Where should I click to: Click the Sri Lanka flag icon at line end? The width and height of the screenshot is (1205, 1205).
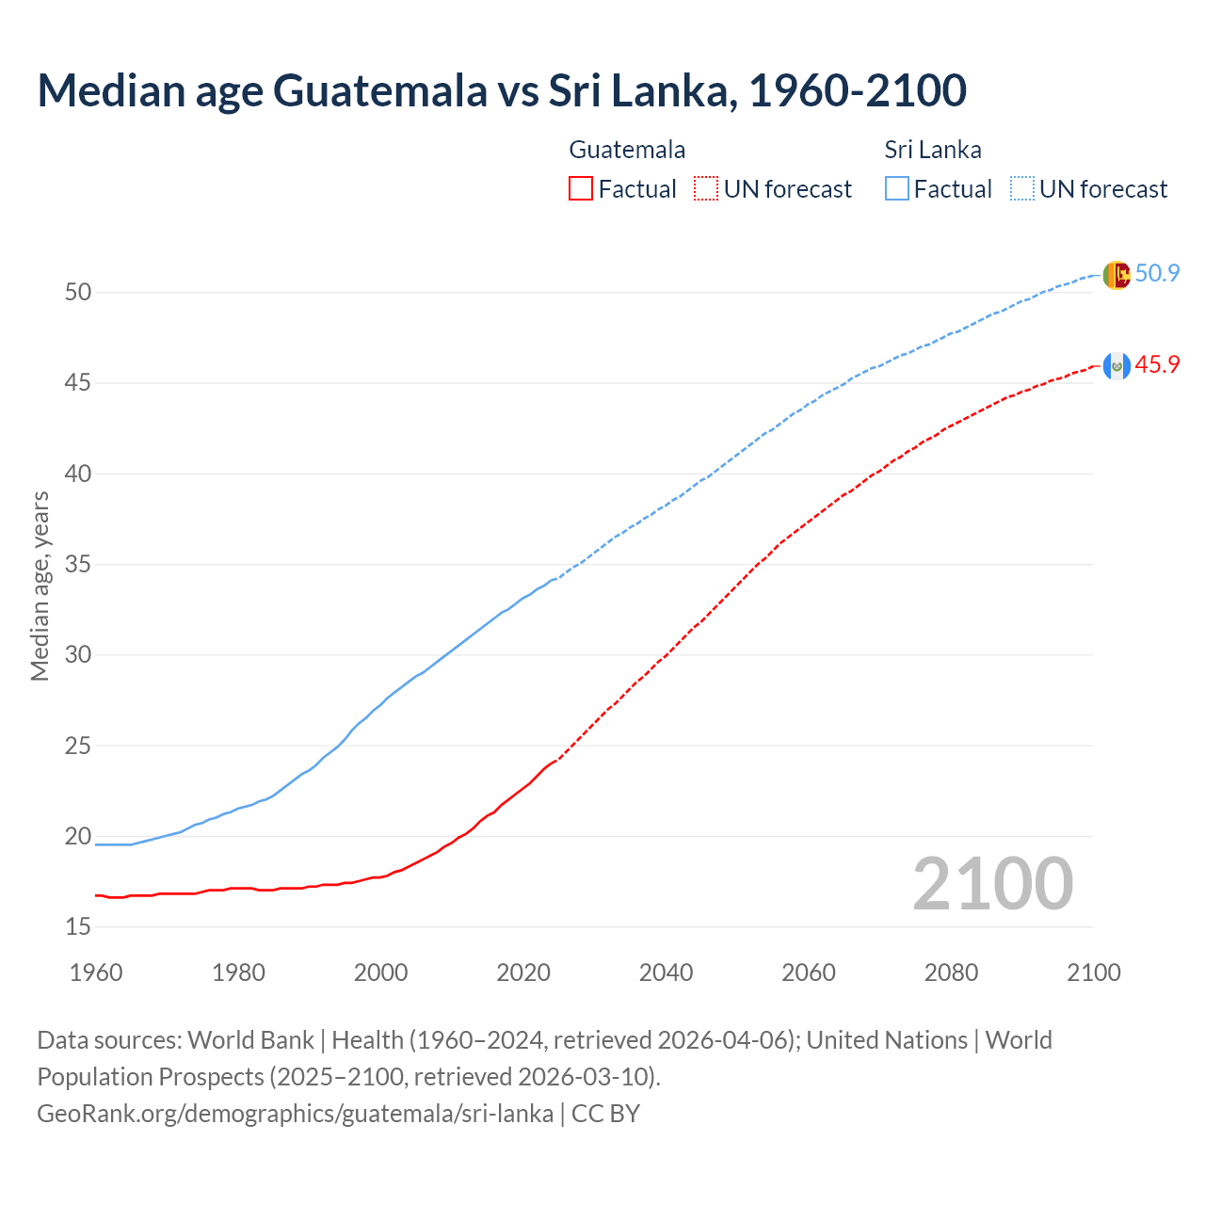[x=1116, y=274]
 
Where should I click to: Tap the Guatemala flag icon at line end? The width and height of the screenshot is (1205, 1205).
[x=1116, y=365]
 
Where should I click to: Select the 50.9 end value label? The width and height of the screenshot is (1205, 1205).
[x=1157, y=274]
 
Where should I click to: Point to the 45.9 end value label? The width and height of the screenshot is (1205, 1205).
[x=1157, y=365]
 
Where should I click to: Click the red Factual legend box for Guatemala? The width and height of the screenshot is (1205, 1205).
[x=581, y=189]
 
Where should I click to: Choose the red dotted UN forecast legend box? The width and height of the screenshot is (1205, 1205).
[x=706, y=189]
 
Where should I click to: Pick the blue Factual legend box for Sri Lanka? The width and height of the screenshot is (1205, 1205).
[x=897, y=189]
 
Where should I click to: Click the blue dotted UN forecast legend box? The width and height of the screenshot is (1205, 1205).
[x=1021, y=189]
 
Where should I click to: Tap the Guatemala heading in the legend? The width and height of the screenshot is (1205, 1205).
[x=627, y=150]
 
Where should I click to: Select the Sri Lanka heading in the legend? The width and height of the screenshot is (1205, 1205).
[x=933, y=150]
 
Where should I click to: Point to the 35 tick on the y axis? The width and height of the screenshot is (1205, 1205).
[x=78, y=565]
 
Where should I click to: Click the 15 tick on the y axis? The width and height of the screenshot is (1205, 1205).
[x=78, y=927]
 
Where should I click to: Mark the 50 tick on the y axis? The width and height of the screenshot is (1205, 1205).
[x=78, y=293]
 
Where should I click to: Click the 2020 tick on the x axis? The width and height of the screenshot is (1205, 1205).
[x=523, y=972]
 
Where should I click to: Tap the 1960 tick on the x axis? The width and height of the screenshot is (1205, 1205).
[x=96, y=972]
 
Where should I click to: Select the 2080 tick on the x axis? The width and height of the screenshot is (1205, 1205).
[x=951, y=972]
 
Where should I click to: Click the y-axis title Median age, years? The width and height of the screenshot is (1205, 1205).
[x=40, y=586]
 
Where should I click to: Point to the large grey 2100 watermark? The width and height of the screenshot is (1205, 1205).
[x=992, y=884]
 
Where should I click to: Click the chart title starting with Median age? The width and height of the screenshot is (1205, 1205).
[x=502, y=90]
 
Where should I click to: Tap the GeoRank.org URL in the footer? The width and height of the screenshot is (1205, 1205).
[x=295, y=1114]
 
